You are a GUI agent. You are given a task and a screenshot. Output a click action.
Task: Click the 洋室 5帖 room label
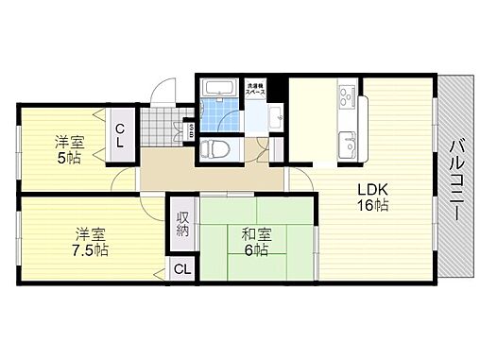(66, 149)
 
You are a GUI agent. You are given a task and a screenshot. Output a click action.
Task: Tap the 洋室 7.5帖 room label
(87, 242)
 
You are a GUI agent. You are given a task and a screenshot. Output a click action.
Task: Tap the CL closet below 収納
(180, 270)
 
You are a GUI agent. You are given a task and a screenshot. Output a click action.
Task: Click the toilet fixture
(214, 148)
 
